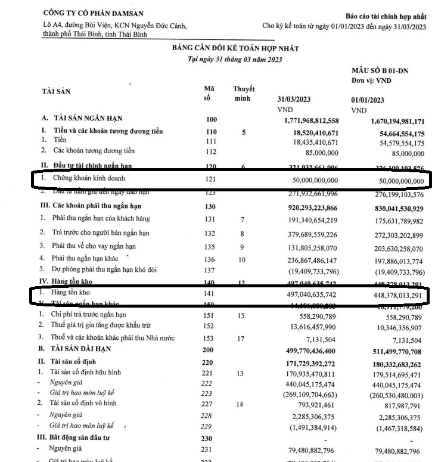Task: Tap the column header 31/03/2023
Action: click(x=294, y=100)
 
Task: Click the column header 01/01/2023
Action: click(x=368, y=100)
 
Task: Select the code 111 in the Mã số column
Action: click(x=211, y=142)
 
